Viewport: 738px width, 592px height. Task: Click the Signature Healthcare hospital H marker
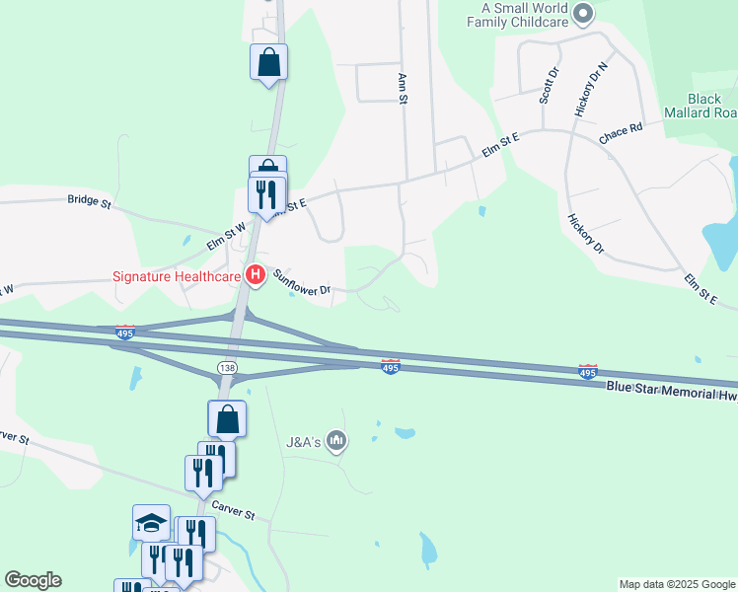(256, 275)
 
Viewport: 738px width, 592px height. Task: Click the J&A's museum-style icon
(336, 439)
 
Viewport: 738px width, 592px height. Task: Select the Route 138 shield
(226, 367)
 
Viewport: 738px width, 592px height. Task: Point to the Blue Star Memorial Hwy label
(671, 390)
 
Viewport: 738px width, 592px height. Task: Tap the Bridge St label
(90, 199)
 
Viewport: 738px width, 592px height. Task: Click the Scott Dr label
(548, 86)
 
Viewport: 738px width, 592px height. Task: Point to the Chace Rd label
(621, 129)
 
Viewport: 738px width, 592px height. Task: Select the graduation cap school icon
(151, 523)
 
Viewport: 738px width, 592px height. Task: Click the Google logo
(33, 580)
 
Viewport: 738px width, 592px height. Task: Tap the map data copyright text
(678, 584)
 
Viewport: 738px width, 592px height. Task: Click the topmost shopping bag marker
(268, 62)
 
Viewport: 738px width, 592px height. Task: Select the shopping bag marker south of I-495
(227, 418)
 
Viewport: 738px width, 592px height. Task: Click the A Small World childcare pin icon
(583, 13)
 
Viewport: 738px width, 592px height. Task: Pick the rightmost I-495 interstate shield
(587, 372)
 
